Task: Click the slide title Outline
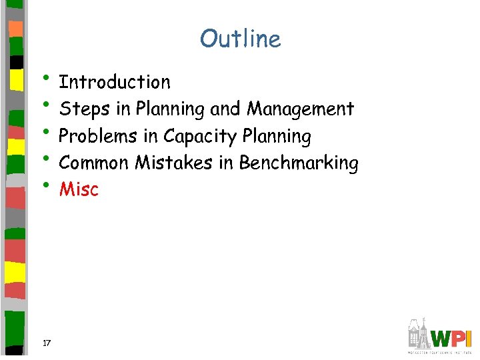(240, 39)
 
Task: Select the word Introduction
(115, 83)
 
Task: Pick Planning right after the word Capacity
(277, 137)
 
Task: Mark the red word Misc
(79, 190)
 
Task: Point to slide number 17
(47, 343)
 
